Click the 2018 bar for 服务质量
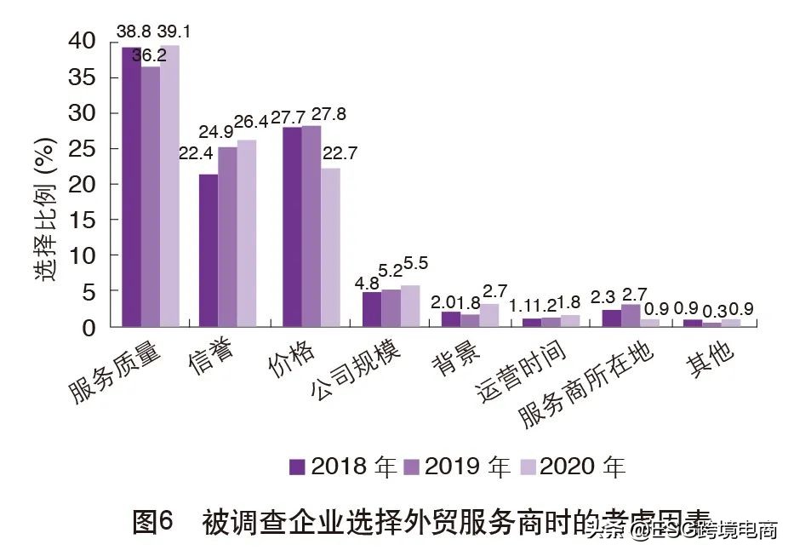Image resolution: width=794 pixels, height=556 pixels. click(131, 186)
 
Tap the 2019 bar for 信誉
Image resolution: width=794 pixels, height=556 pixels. click(227, 237)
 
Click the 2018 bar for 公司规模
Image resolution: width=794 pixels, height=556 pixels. click(372, 309)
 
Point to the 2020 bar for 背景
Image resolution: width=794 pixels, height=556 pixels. click(489, 315)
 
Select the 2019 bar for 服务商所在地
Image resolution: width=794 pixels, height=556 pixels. click(631, 315)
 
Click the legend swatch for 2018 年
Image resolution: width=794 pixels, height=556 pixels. click(297, 467)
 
